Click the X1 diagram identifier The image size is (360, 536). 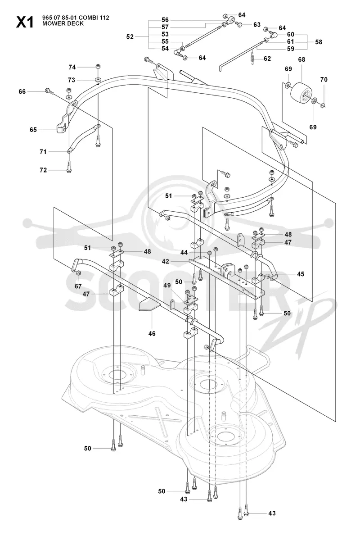25,22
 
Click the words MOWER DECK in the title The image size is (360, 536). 63,23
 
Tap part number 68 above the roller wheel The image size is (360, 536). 301,59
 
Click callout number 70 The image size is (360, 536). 324,79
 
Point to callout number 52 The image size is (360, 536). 130,36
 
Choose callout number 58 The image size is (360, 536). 318,42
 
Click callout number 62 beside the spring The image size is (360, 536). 267,59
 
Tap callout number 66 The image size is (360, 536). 22,91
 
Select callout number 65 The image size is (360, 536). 33,130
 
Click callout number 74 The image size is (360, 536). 72,67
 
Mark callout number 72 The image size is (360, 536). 43,170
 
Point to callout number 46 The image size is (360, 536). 152,333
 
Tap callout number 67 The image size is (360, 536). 78,286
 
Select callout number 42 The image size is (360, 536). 165,262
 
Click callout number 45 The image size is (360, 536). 301,274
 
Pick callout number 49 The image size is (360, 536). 167,286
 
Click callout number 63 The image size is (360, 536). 257,25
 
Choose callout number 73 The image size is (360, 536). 72,80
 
